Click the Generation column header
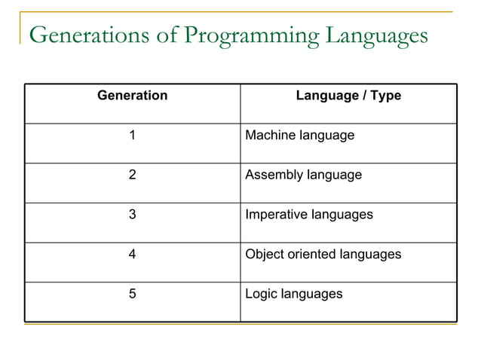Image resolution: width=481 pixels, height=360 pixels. coord(133,96)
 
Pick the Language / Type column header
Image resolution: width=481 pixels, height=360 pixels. coord(348,96)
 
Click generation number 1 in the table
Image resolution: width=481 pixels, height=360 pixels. coord(133,136)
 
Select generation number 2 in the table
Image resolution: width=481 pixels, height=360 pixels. coord(133,175)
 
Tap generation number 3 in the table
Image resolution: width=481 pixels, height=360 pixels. coord(133,215)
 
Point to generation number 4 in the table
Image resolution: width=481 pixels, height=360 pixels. coord(133,255)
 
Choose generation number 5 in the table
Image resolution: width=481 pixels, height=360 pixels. coord(133,294)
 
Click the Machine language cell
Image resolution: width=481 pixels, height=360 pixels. coord(300,136)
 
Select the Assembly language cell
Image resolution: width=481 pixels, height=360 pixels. coord(304,175)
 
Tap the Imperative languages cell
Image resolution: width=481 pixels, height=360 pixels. coord(309,215)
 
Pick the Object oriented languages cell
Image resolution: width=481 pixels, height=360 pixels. coord(323,255)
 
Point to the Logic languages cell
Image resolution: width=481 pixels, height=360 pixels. coord(294,294)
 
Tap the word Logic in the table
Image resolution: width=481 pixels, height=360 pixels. coord(262,294)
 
